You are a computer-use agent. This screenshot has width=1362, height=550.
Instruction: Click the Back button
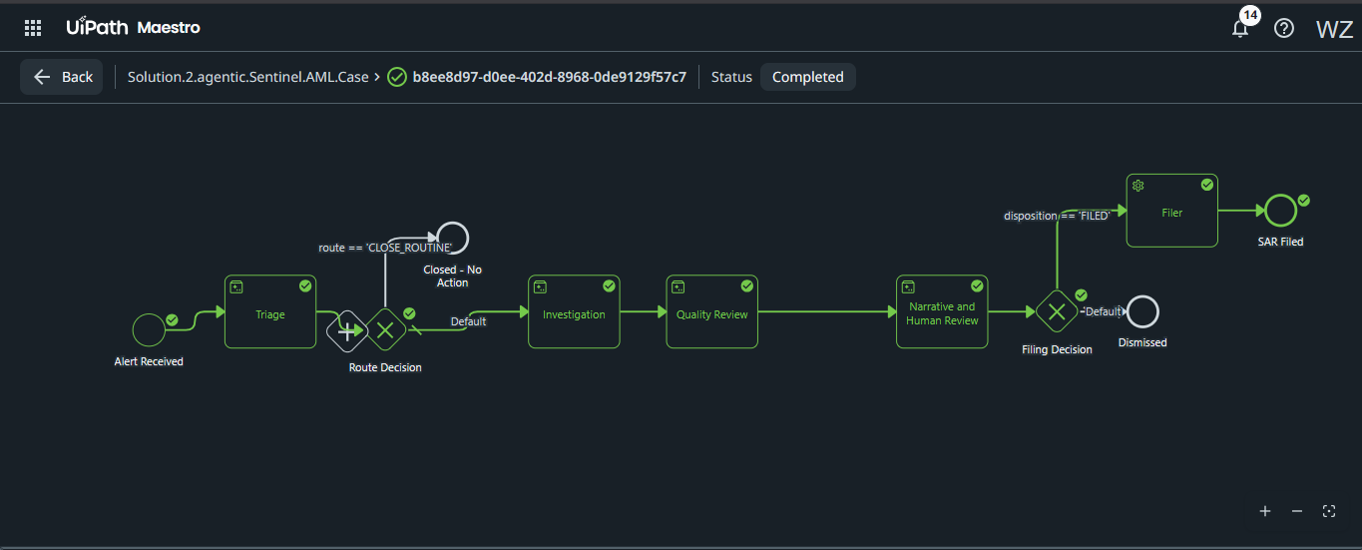[62, 77]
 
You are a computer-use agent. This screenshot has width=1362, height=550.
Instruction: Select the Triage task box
[270, 311]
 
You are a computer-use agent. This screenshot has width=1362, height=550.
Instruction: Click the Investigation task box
[574, 311]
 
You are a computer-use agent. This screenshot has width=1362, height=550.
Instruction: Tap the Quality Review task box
[712, 311]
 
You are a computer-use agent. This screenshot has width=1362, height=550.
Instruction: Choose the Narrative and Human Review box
[942, 311]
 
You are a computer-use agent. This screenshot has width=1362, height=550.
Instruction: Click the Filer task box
[1171, 211]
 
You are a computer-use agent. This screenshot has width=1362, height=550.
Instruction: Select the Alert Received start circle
[133, 330]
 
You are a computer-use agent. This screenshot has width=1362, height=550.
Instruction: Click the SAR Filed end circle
[1265, 211]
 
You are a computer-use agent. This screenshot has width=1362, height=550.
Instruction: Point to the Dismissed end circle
[1127, 311]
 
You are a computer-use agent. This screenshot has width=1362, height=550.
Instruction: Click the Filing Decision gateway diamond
[1057, 311]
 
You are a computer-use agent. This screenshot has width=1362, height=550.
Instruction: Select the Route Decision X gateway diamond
[385, 330]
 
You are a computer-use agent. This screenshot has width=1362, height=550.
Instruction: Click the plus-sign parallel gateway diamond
[346, 331]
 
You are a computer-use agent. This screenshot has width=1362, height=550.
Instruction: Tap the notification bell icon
[1240, 29]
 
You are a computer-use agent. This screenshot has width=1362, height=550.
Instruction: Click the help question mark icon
[1283, 28]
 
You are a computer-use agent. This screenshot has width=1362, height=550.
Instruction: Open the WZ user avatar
[1334, 29]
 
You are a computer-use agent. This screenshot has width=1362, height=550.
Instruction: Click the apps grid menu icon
[33, 27]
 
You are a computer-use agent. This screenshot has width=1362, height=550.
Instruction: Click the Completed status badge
[807, 77]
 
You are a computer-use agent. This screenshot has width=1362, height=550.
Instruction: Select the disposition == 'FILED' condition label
[1057, 216]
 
